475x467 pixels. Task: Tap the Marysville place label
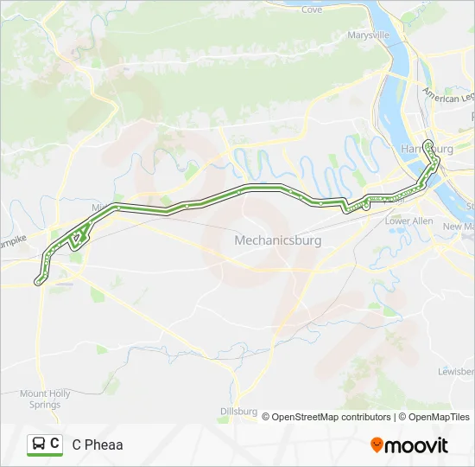point(369,35)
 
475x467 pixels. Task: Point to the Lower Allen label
point(408,221)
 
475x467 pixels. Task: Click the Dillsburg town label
point(239,411)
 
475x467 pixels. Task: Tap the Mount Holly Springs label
point(45,399)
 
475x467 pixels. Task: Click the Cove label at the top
point(312,10)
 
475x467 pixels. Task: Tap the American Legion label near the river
point(448,97)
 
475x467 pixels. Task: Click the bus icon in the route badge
point(39,445)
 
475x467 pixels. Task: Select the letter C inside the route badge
point(55,445)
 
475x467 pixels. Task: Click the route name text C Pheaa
point(98,445)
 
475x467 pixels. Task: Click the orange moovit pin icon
point(377,445)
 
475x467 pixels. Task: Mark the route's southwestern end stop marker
point(37,281)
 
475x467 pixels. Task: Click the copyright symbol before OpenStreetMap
point(266,417)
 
